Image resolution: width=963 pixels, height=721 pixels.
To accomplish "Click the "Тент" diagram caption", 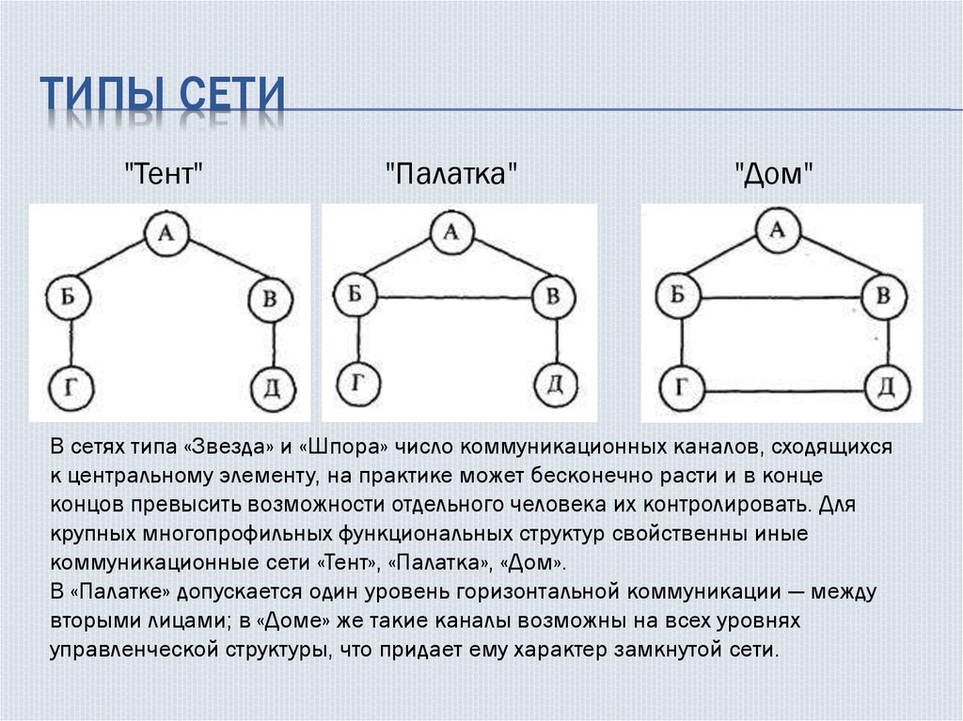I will pyautogui.click(x=165, y=174).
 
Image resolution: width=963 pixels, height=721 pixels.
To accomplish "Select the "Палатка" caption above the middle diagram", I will pyautogui.click(x=451, y=174).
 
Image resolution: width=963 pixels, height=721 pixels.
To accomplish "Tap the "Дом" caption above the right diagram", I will pyautogui.click(x=774, y=174).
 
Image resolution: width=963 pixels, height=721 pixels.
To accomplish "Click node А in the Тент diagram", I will pyautogui.click(x=166, y=234).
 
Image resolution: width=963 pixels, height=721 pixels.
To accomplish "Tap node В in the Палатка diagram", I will pyautogui.click(x=553, y=296).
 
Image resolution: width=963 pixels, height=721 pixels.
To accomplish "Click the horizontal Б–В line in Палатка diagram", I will pyautogui.click(x=454, y=297).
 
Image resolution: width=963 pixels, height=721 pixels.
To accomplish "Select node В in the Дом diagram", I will pyautogui.click(x=884, y=297).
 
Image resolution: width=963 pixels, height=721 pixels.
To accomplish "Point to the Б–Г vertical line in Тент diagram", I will pyautogui.click(x=70, y=344).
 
